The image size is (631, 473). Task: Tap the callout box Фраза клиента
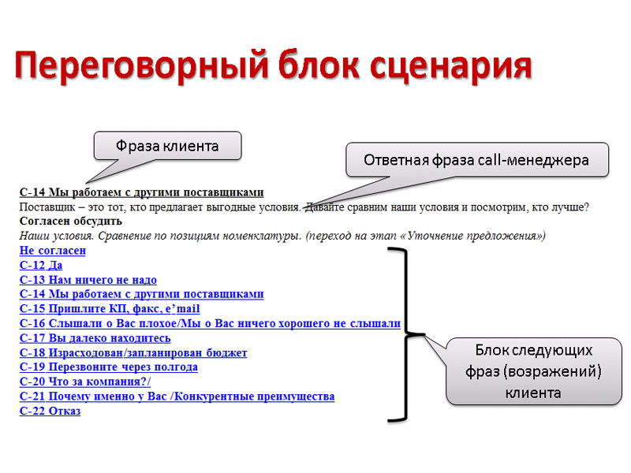166,146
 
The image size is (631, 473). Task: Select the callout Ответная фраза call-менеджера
477,159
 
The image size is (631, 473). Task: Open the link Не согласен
52,251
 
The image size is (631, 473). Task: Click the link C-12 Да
40,266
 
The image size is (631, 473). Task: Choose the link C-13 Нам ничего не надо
88,280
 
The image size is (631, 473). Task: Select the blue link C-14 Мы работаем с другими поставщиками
141,294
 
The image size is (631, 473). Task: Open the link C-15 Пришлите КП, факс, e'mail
110,309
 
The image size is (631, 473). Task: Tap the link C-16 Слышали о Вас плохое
209,323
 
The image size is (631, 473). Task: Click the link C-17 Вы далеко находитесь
95,338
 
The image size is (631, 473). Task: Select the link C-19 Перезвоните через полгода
108,367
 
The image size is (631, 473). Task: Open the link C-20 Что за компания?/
84,382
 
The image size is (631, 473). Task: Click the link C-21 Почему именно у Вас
171,397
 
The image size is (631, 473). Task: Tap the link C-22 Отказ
50,411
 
